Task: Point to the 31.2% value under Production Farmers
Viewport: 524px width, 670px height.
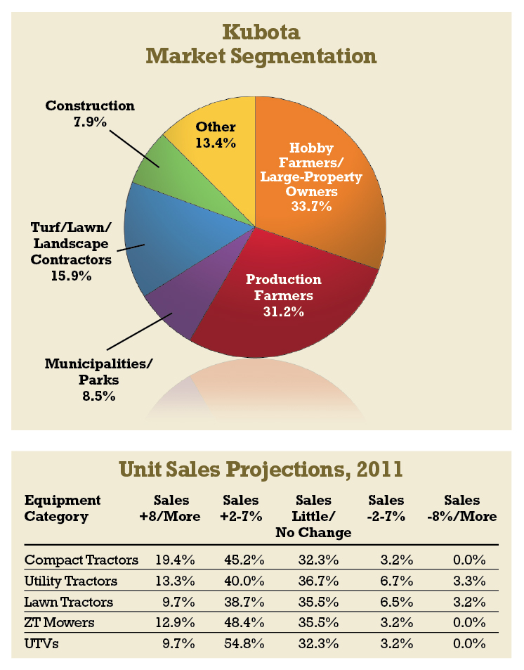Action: (283, 311)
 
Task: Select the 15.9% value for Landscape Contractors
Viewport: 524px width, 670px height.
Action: (70, 276)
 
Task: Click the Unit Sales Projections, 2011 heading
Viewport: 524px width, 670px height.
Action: (261, 470)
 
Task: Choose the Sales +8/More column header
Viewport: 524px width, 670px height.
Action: (171, 508)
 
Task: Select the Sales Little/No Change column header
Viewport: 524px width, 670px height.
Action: (313, 516)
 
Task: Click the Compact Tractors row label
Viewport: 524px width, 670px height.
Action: (81, 560)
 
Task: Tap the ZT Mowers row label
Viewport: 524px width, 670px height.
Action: (59, 622)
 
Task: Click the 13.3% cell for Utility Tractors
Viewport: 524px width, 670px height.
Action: (175, 581)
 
